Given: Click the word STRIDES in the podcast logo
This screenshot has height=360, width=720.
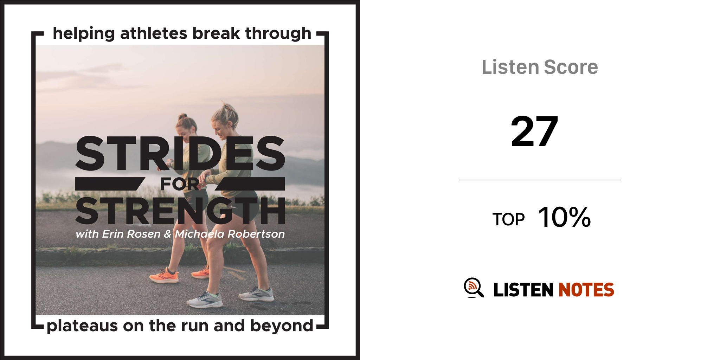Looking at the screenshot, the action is pyautogui.click(x=180, y=154).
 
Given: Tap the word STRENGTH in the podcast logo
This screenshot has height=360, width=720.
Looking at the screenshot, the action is pyautogui.click(x=180, y=211).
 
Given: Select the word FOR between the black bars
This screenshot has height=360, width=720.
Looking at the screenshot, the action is pyautogui.click(x=180, y=184).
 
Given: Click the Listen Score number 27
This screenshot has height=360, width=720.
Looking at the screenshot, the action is pyautogui.click(x=534, y=131).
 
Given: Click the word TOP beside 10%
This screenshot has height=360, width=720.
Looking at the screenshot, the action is pyautogui.click(x=508, y=219).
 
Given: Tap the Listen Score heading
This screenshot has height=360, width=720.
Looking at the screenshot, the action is pyautogui.click(x=540, y=67).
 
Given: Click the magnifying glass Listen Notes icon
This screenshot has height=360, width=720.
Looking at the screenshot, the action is pyautogui.click(x=474, y=288).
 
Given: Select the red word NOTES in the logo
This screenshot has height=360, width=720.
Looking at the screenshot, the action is pyautogui.click(x=586, y=290).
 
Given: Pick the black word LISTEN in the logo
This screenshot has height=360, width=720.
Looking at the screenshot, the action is pyautogui.click(x=523, y=290).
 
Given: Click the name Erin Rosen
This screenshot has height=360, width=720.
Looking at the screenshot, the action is pyautogui.click(x=131, y=234).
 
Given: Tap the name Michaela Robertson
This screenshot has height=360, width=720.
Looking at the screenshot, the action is pyautogui.click(x=230, y=234).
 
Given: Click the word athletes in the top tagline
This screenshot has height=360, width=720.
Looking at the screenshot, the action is pyautogui.click(x=154, y=33).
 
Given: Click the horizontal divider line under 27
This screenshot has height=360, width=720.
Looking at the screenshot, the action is pyautogui.click(x=540, y=180).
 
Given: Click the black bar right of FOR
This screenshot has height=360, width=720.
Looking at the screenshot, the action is pyautogui.click(x=250, y=184).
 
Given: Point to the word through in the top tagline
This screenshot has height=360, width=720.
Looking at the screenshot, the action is pyautogui.click(x=278, y=34).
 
